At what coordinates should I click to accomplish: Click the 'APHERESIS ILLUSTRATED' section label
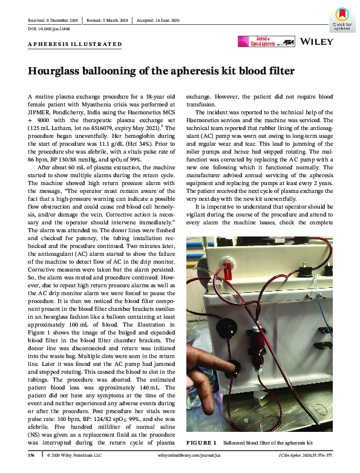[x=75, y=44]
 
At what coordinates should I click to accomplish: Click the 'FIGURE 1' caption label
[x=201, y=443]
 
